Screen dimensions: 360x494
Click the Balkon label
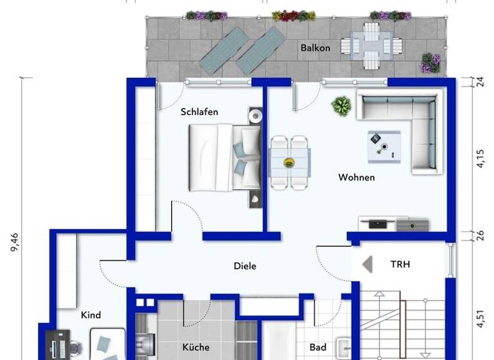(x=315, y=48)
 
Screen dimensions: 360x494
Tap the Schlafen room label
(x=199, y=112)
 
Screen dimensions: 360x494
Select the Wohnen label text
(x=356, y=177)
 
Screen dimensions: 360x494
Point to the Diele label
(x=244, y=265)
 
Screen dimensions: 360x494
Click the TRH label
(x=399, y=264)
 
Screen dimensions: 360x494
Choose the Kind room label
(x=91, y=315)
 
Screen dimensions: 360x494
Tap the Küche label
(x=196, y=347)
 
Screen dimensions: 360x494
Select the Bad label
(x=318, y=347)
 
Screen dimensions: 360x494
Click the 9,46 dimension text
(x=14, y=245)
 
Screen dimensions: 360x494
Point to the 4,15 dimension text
(x=480, y=158)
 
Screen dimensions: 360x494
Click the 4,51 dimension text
(x=480, y=319)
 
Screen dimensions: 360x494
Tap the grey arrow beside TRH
(x=367, y=264)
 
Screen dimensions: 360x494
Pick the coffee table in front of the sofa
(x=384, y=147)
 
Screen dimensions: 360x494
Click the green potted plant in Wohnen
(x=342, y=106)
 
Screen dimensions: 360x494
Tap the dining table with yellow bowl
(x=289, y=162)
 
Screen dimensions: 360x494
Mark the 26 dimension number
(x=480, y=236)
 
